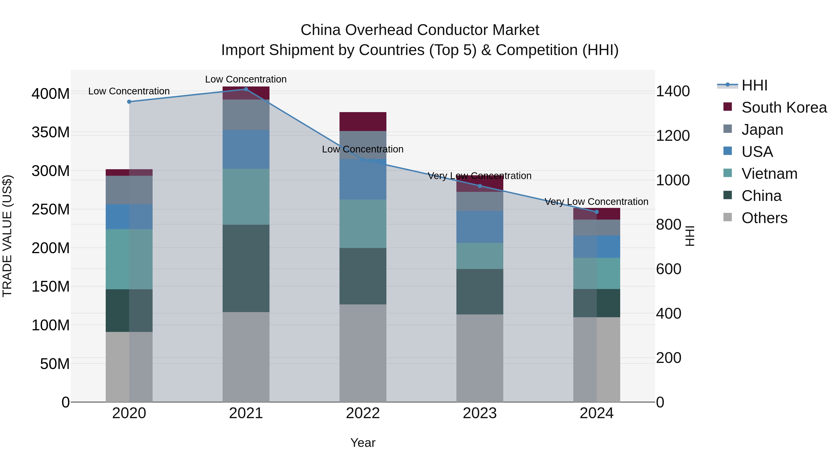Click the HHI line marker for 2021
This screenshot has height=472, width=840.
click(246, 89)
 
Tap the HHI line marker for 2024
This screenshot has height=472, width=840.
click(596, 212)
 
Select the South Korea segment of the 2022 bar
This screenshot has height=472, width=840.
click(363, 121)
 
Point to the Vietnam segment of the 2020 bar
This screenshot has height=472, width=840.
click(129, 259)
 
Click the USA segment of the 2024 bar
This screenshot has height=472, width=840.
click(596, 247)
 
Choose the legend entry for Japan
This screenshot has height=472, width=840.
click(762, 130)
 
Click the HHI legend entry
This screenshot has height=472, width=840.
click(754, 85)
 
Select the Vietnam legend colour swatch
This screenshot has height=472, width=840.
click(728, 173)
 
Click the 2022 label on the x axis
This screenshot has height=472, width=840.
click(363, 413)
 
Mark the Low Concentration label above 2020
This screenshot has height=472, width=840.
click(129, 91)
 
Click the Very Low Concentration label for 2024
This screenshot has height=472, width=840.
click(596, 202)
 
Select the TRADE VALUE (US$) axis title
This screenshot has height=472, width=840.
click(7, 236)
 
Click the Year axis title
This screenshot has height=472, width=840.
click(363, 443)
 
